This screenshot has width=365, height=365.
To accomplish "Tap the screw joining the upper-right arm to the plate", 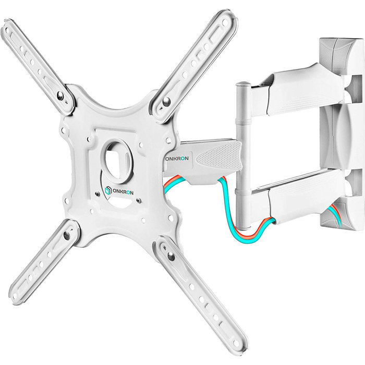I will [x=166, y=101].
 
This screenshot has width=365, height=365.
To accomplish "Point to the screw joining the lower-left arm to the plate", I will [x=67, y=236].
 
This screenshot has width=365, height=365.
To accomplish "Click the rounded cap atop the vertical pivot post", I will [x=242, y=84].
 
